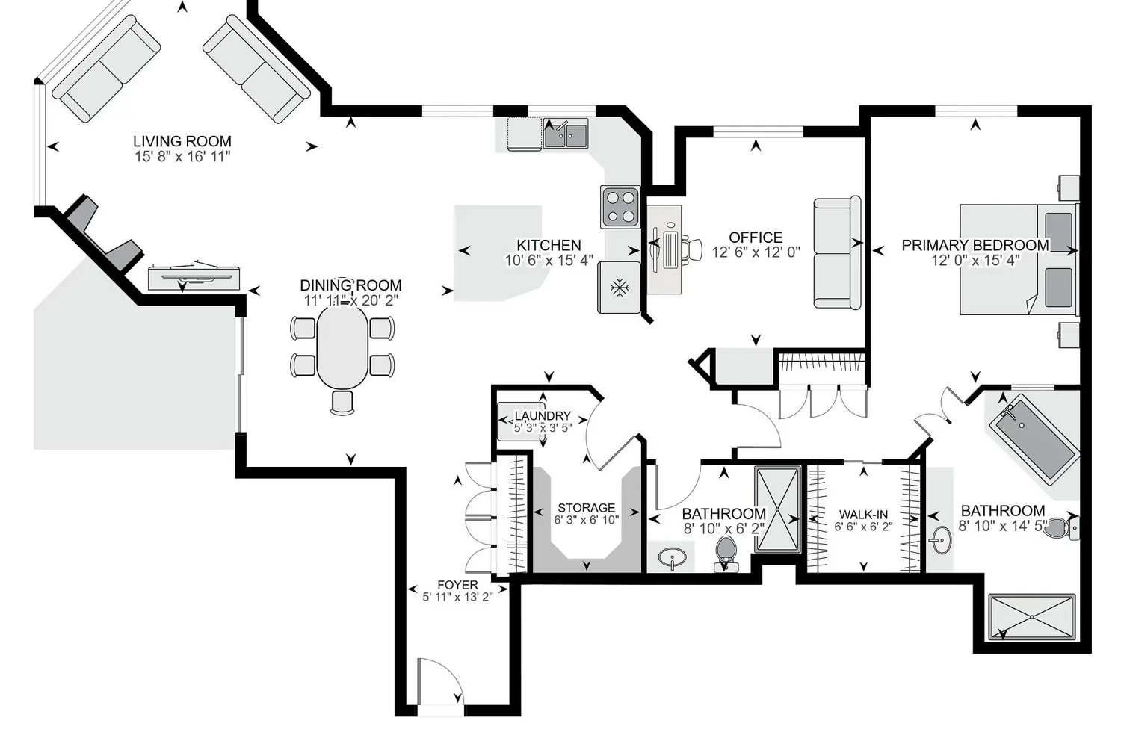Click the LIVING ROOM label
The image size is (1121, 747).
pyautogui.click(x=182, y=141)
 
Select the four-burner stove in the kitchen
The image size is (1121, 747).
pyautogui.click(x=620, y=207)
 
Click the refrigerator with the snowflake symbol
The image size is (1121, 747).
pyautogui.click(x=619, y=287)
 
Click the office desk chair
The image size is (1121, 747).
pyautogui.click(x=693, y=249)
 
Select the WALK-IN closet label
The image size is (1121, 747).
pyautogui.click(x=863, y=515)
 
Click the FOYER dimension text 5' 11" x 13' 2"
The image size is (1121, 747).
pyautogui.click(x=457, y=597)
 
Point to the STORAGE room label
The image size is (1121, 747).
pyautogui.click(x=586, y=507)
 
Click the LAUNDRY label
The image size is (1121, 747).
pyautogui.click(x=543, y=416)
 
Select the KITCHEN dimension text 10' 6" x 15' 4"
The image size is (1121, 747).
pyautogui.click(x=549, y=261)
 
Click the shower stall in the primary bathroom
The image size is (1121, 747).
pyautogui.click(x=1031, y=617)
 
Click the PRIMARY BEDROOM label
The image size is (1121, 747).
pyautogui.click(x=975, y=245)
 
